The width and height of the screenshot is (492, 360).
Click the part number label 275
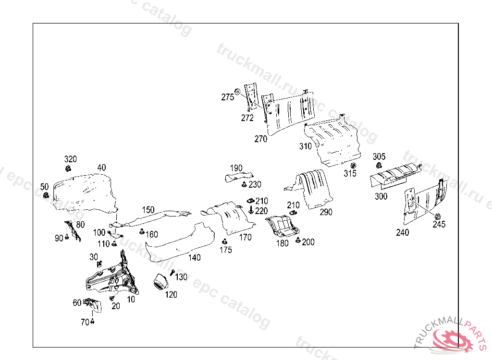[228, 97]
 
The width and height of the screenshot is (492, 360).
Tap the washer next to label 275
[237, 92]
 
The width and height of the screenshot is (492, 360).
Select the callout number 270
[261, 139]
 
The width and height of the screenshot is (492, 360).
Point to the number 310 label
[306, 146]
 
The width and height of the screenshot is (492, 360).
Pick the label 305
[379, 157]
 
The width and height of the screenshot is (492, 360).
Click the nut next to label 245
[438, 216]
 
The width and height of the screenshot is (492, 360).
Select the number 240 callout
[403, 232]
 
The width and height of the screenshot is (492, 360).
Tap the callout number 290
[326, 212]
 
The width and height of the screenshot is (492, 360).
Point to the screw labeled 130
[172, 273]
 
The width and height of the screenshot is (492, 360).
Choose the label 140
[194, 258]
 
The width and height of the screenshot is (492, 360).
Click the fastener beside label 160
[142, 232]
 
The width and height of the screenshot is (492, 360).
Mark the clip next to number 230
[244, 184]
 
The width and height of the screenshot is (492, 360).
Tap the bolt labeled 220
[252, 210]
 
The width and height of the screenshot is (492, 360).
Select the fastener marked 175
[224, 241]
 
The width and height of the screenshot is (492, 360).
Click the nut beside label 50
[47, 195]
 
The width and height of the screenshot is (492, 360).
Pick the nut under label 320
[69, 168]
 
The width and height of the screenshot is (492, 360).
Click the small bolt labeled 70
[92, 322]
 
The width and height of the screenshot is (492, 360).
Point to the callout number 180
[283, 243]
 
